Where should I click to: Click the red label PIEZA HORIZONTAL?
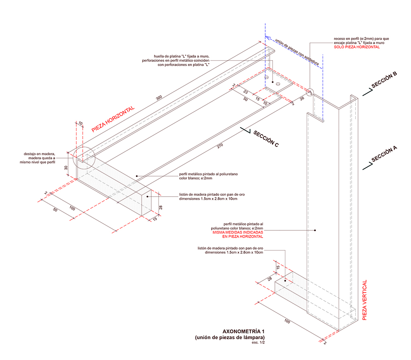pyautogui.click(x=113, y=119)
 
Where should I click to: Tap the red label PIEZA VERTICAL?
pyautogui.click(x=364, y=300)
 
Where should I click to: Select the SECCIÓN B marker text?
pyautogui.click(x=384, y=79)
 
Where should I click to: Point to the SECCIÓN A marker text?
pyautogui.click(x=384, y=154)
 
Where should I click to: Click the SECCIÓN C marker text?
pyautogui.click(x=266, y=138)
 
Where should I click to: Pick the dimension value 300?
pyautogui.click(x=159, y=98)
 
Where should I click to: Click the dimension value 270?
pyautogui.click(x=220, y=146)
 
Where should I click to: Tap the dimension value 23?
pyautogui.click(x=245, y=92)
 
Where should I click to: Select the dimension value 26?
pyautogui.click(x=302, y=98)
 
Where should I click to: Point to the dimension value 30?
pyautogui.click(x=66, y=168)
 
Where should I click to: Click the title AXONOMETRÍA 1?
pyautogui.click(x=244, y=332)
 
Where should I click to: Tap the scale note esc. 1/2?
pyautogui.click(x=258, y=342)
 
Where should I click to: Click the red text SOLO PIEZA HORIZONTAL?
pyautogui.click(x=356, y=47)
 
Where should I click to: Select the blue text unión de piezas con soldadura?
pyautogui.click(x=297, y=52)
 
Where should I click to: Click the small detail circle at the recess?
pyautogui.click(x=310, y=92)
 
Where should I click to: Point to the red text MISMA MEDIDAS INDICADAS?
pyautogui.click(x=238, y=232)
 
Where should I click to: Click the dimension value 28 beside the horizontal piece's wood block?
pyautogui.click(x=161, y=207)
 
